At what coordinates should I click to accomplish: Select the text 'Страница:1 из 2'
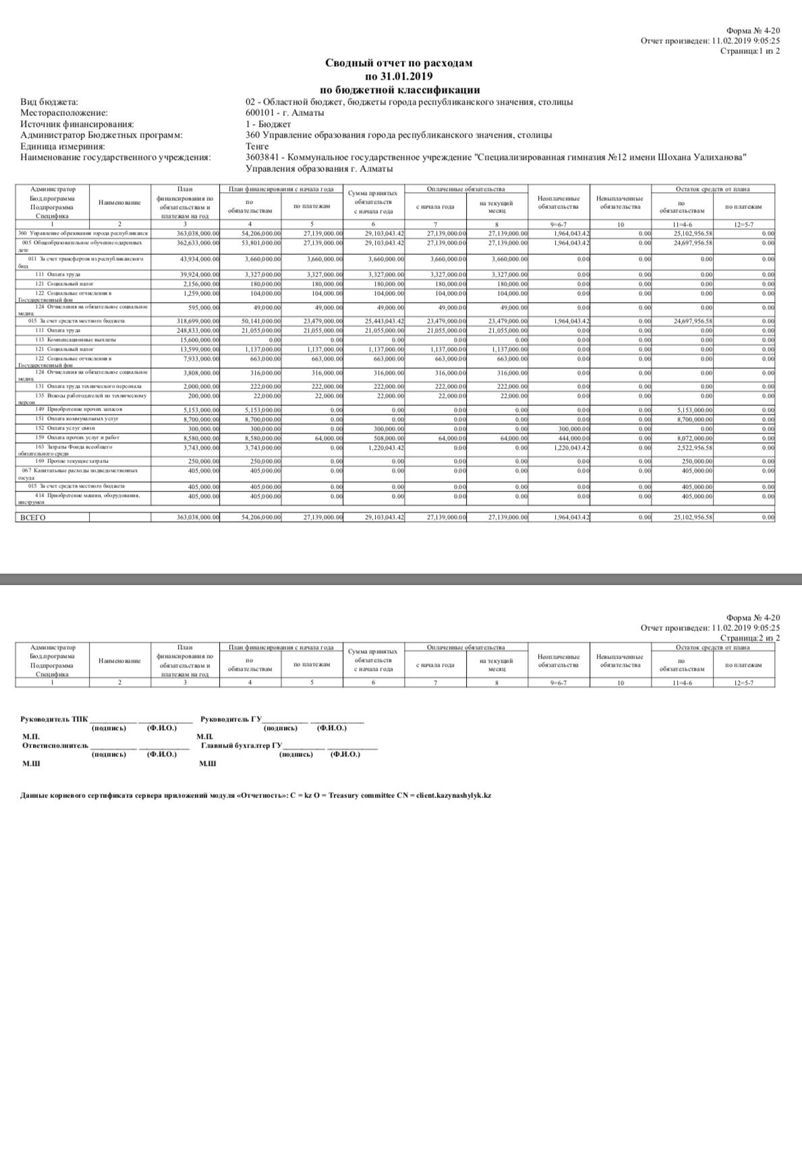(749, 51)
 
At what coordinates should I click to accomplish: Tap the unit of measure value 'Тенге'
(257, 146)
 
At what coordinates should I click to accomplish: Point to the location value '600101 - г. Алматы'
(285, 113)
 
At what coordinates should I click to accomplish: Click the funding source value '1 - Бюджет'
(268, 124)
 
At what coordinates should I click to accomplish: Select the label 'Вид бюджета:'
(49, 102)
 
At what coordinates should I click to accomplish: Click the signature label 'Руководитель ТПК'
(54, 719)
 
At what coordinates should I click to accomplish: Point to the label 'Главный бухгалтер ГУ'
(241, 746)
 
